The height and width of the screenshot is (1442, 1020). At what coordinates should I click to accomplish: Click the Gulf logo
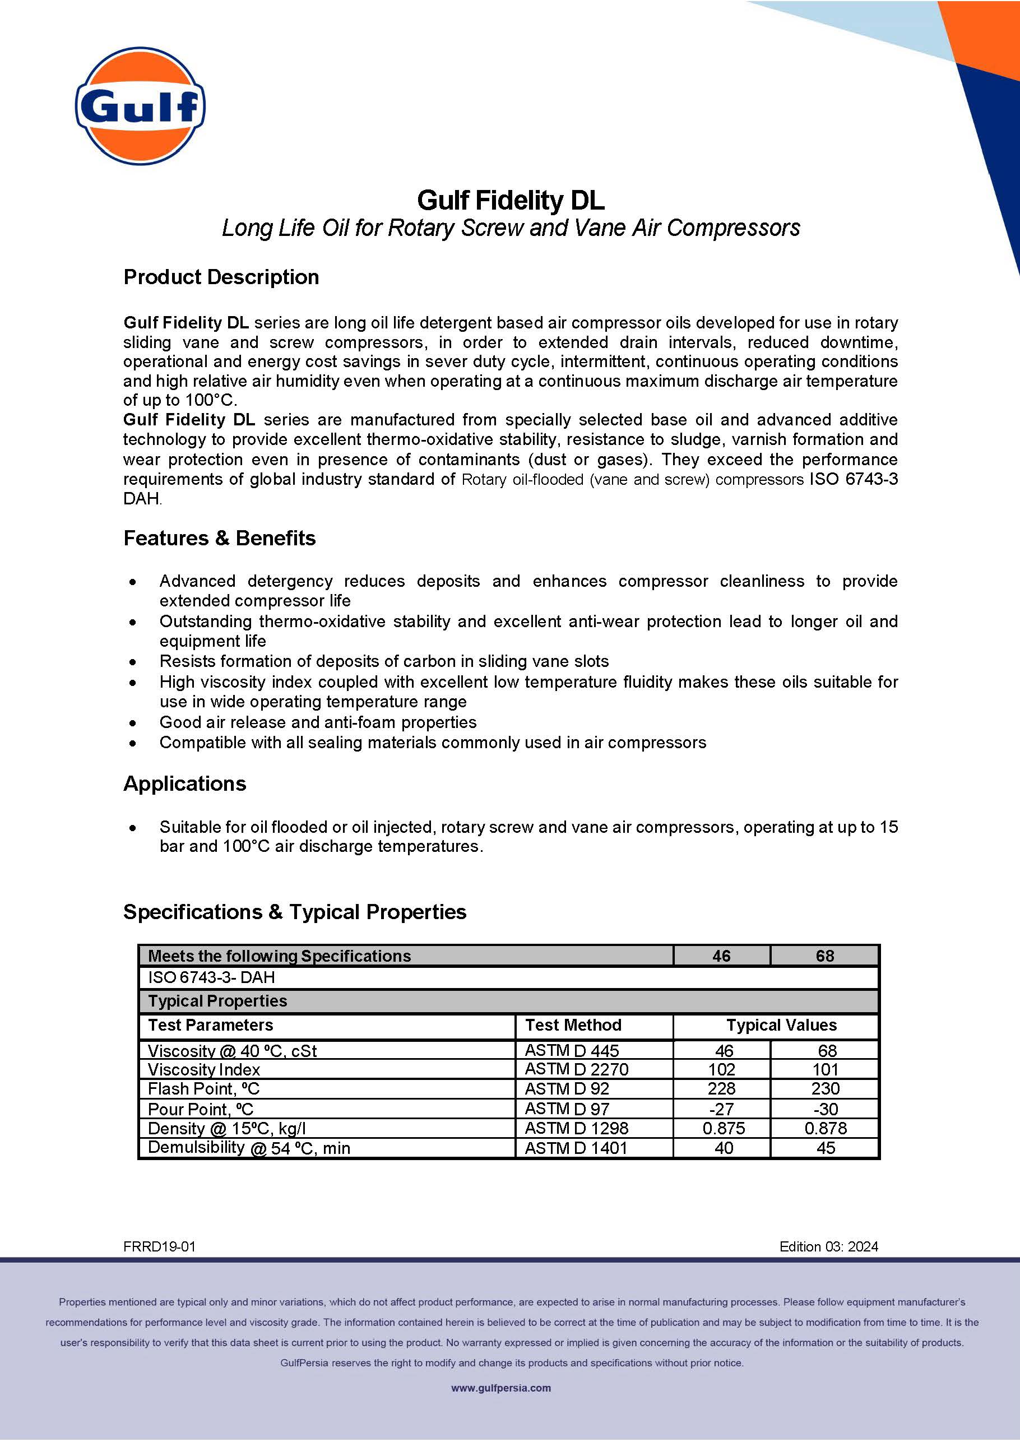click(x=140, y=105)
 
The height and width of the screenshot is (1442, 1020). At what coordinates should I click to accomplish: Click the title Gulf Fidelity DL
click(x=510, y=200)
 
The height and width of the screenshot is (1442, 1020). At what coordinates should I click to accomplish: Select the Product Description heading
click(x=221, y=277)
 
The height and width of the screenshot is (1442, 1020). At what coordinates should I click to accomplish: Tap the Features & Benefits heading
click(x=219, y=538)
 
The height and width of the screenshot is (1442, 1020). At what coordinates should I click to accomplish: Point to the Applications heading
click(x=184, y=784)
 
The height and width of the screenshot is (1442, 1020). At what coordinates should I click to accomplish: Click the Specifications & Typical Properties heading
click(x=295, y=912)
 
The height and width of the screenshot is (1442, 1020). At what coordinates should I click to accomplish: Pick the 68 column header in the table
click(x=824, y=956)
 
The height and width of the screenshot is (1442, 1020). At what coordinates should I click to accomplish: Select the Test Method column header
click(x=573, y=1025)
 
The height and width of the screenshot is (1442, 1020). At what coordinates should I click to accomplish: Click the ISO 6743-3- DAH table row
click(x=211, y=977)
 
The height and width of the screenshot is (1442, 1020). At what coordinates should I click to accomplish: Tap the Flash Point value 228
click(x=721, y=1088)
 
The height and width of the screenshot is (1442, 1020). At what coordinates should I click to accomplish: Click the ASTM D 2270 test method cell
click(x=576, y=1069)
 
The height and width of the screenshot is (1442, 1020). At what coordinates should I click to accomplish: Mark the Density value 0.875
click(x=723, y=1128)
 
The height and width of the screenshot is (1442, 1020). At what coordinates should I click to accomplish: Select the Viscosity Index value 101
click(x=824, y=1069)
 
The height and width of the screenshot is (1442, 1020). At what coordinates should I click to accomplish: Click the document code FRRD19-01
click(x=160, y=1246)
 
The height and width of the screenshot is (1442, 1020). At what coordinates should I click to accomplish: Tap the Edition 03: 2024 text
click(x=828, y=1246)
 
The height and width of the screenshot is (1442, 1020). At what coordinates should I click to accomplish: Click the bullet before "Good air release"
click(x=132, y=723)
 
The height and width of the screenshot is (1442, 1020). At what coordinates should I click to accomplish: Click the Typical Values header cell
click(x=781, y=1025)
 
